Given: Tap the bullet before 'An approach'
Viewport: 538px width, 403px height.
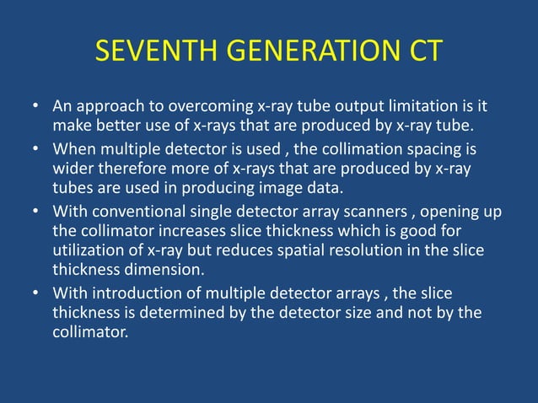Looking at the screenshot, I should [x=36, y=109].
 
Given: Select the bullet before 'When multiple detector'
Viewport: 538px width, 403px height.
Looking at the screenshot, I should [x=36, y=150].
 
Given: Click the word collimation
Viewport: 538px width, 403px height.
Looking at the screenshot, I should [x=369, y=150].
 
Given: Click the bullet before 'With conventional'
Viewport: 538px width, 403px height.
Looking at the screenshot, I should [x=36, y=211].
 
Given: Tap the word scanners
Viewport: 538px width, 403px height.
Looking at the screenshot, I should [x=368, y=211].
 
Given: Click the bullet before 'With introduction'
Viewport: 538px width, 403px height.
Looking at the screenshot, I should [x=36, y=293].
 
